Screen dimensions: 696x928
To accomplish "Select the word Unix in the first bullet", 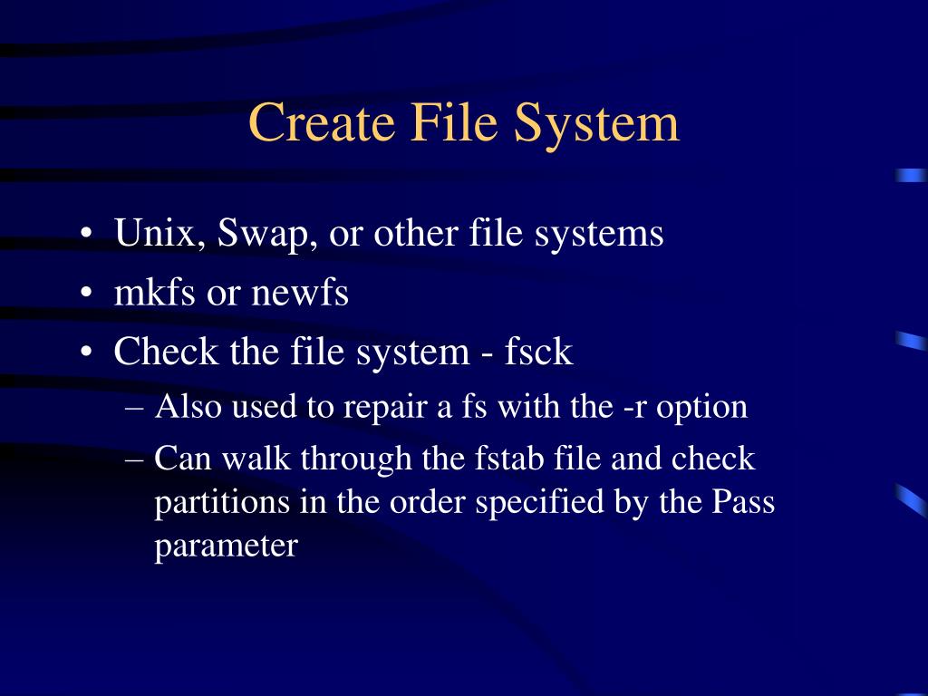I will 150,234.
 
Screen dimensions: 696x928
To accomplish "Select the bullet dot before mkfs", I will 85,295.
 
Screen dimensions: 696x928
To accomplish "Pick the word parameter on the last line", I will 226,547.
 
